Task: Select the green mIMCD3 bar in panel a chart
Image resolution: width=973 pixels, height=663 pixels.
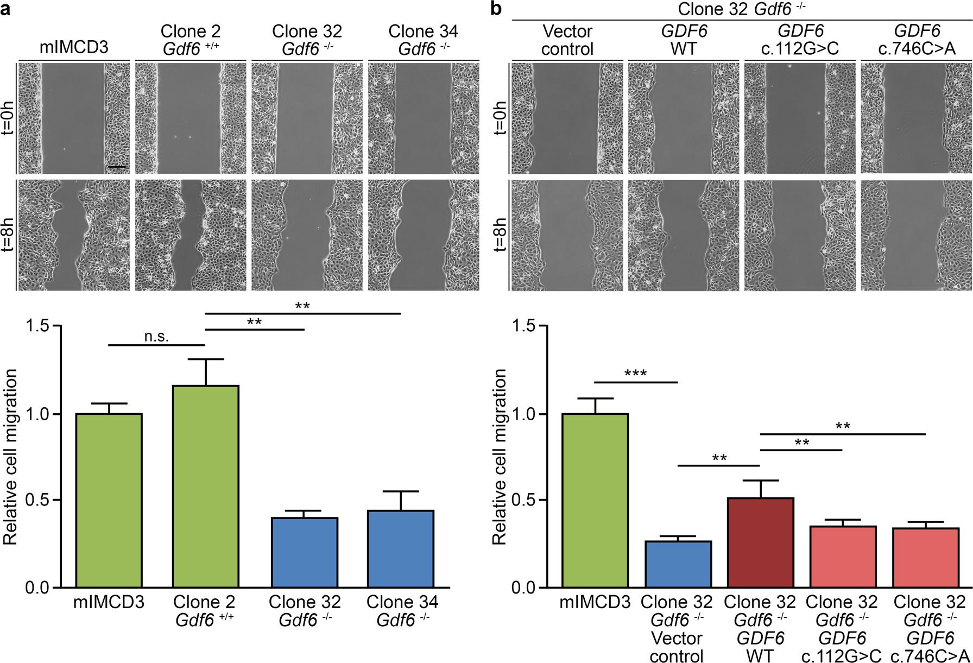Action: (x=109, y=500)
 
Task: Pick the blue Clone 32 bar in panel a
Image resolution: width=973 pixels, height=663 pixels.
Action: (x=305, y=552)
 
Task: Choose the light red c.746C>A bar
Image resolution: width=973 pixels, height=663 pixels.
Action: (x=925, y=557)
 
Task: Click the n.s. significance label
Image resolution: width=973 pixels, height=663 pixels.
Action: (x=156, y=337)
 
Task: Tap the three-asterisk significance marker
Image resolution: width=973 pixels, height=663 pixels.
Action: (x=636, y=374)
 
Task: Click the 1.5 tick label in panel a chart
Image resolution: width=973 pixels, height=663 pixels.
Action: (x=36, y=326)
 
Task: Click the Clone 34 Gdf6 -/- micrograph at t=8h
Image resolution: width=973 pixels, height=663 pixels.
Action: (x=424, y=236)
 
